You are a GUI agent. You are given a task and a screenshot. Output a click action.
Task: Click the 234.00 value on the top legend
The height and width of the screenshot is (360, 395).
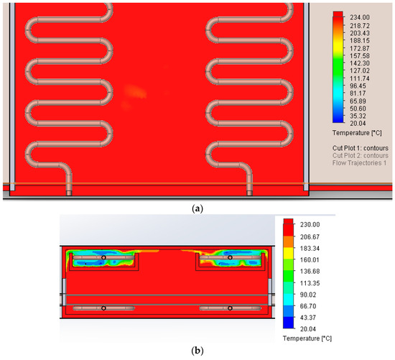[360, 17]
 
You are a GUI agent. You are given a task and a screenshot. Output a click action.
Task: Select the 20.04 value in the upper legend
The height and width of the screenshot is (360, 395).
[358, 124]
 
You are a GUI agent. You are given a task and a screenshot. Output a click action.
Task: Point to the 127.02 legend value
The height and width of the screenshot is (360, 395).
[360, 70]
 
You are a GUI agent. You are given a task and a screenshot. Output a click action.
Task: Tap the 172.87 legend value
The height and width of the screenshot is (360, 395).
[360, 48]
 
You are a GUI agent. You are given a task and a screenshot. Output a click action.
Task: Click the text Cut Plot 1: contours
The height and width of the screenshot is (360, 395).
[361, 148]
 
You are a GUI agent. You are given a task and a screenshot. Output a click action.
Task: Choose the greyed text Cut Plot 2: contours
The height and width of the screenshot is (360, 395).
[361, 155]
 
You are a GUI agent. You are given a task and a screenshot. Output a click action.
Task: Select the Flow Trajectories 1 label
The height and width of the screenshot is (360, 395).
[359, 163]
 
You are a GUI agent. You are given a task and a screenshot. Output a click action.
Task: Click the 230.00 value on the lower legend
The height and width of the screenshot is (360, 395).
[310, 225]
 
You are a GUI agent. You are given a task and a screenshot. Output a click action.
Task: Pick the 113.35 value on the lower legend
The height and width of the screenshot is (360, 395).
[310, 283]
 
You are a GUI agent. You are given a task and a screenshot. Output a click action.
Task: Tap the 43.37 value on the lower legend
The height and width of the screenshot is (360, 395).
[308, 318]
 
